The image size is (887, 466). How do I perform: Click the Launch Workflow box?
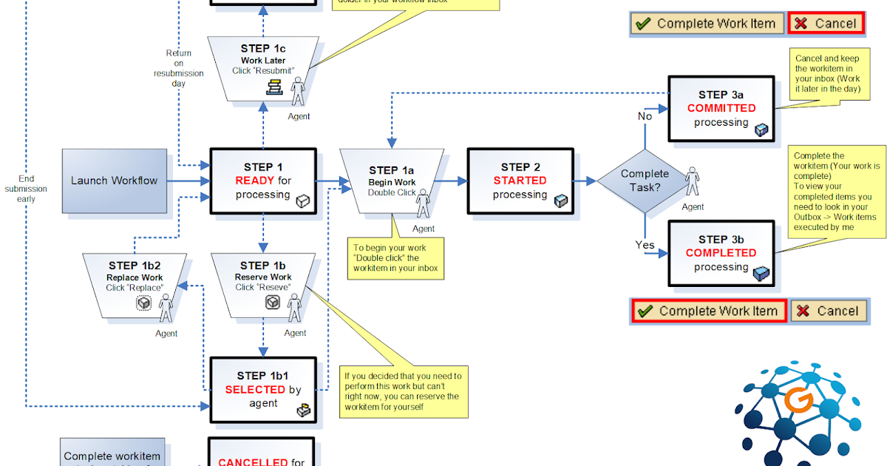(x=114, y=180)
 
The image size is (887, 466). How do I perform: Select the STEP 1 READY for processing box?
(x=263, y=181)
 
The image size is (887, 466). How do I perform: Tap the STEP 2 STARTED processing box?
(x=520, y=180)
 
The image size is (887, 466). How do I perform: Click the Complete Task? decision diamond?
(x=644, y=180)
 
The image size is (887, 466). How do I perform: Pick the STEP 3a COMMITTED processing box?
(x=721, y=108)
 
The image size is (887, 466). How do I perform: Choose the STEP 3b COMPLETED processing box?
(x=721, y=253)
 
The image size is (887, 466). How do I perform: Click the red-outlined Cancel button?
(x=825, y=24)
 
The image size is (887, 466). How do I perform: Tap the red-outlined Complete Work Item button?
(x=709, y=311)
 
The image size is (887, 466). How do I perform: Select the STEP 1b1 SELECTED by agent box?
(x=263, y=390)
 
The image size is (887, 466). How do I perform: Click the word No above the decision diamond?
(x=645, y=116)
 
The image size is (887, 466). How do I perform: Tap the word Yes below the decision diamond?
(x=645, y=245)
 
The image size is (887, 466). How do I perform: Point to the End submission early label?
(x=26, y=189)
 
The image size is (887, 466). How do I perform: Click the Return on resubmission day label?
(x=178, y=68)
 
